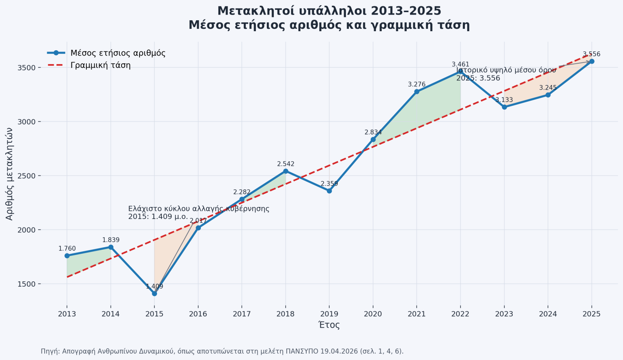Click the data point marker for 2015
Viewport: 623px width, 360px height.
[x=155, y=294]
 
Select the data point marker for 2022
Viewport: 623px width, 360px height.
[x=460, y=71]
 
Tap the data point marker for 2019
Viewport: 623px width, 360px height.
[x=329, y=191]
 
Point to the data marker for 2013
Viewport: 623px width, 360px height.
[x=67, y=256]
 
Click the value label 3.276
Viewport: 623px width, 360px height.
[x=417, y=84]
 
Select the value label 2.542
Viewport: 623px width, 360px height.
[x=286, y=164]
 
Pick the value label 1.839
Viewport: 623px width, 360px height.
[x=111, y=240]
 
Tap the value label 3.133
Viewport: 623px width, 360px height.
[x=504, y=100]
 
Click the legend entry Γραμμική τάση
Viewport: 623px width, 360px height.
[x=100, y=65]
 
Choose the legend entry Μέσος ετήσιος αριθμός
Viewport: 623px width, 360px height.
[x=118, y=53]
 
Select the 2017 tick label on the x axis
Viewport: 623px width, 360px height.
[x=242, y=314]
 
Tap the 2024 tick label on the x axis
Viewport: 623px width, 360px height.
[x=548, y=314]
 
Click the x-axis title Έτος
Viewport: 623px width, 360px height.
[x=329, y=325]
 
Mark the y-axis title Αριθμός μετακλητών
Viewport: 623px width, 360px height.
[x=10, y=174]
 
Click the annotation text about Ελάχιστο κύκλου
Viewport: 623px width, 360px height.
[x=198, y=212]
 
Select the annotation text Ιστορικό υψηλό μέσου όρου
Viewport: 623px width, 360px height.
[x=506, y=70]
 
